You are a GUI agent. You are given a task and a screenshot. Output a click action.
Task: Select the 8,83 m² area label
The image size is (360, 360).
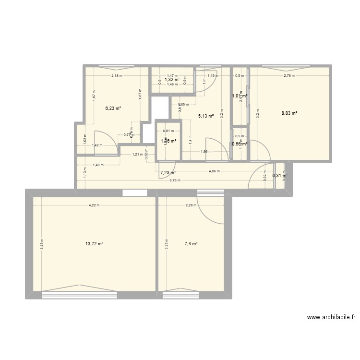click(x=289, y=113)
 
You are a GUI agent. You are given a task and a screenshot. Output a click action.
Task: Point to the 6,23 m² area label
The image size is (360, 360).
click(x=113, y=108)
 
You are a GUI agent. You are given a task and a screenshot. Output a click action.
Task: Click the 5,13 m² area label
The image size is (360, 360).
click(x=205, y=116)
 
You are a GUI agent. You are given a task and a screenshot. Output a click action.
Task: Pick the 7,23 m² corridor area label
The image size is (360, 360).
click(x=168, y=173)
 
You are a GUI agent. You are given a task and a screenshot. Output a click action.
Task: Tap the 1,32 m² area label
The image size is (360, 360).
click(x=172, y=80)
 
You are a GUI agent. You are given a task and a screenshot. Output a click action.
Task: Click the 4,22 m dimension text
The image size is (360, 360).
click(x=94, y=205)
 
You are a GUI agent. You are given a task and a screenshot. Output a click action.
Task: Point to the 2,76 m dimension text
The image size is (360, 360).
click(x=289, y=76)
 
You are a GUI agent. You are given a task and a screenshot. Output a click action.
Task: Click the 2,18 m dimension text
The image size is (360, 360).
click(x=117, y=76)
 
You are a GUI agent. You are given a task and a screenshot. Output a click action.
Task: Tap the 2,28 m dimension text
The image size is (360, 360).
click(x=191, y=205)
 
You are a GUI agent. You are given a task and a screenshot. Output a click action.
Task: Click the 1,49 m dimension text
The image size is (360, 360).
click(x=98, y=165)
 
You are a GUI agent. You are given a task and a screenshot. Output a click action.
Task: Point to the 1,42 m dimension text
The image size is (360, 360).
click(x=97, y=145)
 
